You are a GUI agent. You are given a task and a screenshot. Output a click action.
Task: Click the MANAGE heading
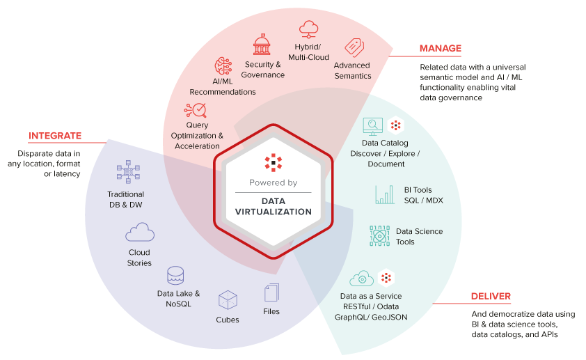(x=440, y=49)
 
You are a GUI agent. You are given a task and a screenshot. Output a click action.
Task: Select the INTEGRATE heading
(x=55, y=136)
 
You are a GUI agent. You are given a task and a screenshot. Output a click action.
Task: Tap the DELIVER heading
(x=491, y=296)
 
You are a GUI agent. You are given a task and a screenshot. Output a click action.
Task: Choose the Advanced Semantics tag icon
(x=354, y=47)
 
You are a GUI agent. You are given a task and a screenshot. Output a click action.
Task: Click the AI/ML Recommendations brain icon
(x=223, y=66)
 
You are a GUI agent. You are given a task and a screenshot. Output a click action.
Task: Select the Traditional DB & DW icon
(x=128, y=174)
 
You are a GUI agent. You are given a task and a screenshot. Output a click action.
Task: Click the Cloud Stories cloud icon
(x=140, y=233)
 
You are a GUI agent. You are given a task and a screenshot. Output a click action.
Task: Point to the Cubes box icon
(x=228, y=300)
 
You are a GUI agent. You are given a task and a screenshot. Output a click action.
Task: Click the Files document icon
(x=271, y=292)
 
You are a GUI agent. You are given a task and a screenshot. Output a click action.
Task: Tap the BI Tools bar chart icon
(x=384, y=194)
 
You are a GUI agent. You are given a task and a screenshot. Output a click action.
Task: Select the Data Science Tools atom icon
(x=380, y=237)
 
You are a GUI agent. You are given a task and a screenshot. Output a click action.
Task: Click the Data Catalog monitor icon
(x=373, y=126)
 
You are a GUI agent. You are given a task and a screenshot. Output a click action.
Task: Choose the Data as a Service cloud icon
(x=362, y=279)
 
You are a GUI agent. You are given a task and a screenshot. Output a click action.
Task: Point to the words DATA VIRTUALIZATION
(x=273, y=206)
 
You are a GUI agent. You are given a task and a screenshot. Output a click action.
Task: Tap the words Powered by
(x=273, y=183)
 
